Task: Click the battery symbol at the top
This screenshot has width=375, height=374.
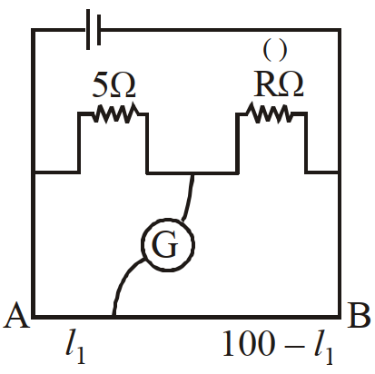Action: [94, 30]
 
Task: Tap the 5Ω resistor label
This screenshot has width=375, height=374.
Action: [113, 85]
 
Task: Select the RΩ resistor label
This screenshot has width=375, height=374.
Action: [279, 84]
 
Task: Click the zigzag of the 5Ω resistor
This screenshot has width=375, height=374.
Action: [116, 113]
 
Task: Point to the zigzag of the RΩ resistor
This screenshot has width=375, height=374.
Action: [270, 113]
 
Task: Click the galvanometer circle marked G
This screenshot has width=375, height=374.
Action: [168, 244]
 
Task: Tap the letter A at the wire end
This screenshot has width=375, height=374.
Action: [16, 315]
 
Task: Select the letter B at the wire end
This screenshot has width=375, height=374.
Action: [359, 315]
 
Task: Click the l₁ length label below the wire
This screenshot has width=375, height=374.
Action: [75, 348]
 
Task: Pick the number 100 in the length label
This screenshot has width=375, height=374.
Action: [249, 344]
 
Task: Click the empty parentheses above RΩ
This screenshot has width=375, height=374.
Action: [274, 51]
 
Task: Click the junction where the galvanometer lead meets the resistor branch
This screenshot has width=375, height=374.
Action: [192, 173]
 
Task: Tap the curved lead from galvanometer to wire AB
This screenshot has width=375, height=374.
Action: [123, 281]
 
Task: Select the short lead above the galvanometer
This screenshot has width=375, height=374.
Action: [189, 197]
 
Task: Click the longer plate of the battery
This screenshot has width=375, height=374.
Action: [88, 30]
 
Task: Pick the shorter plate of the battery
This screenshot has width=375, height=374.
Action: [98, 30]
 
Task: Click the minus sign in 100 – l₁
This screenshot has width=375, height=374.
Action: [293, 345]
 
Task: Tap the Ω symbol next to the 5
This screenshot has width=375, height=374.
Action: [123, 85]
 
